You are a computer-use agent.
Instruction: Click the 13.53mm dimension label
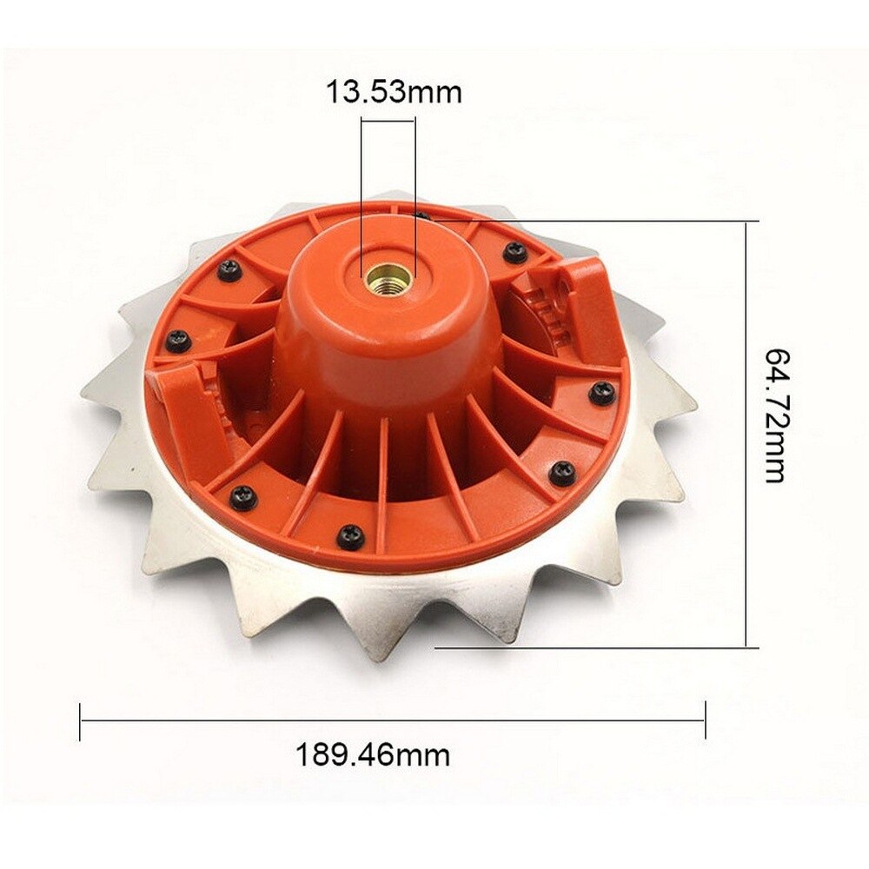point(394,92)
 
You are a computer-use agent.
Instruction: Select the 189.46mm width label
point(373,754)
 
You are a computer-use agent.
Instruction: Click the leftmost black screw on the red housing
point(178,340)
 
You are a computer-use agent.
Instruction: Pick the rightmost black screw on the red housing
point(601,393)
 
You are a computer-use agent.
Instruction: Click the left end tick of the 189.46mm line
point(80,720)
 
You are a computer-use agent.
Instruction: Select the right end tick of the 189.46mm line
point(705,720)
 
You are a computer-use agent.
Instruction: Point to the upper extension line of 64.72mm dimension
point(591,221)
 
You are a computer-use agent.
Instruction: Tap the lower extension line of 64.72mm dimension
point(591,647)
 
